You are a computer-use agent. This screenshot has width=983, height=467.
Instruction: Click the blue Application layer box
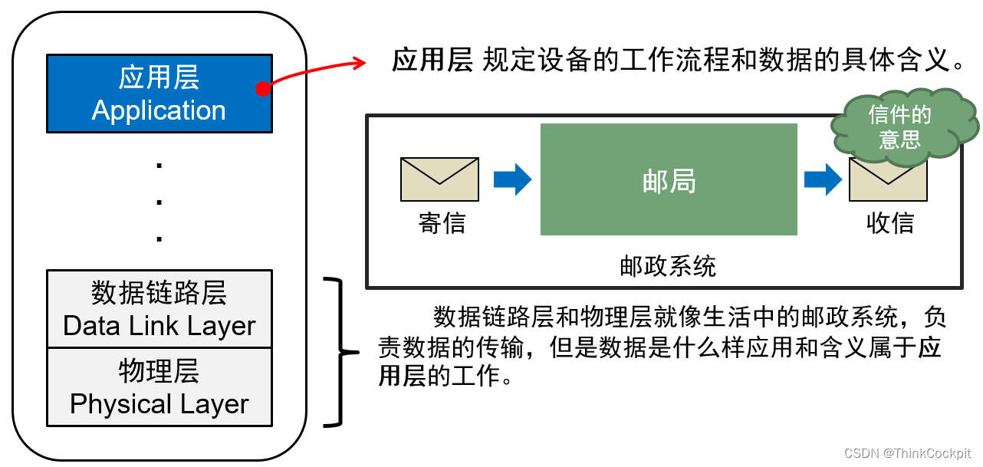(159, 94)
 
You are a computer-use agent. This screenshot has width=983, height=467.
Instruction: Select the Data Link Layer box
(159, 308)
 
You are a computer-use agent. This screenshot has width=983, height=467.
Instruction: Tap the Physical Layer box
(159, 387)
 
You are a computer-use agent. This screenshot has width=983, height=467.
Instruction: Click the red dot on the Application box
(263, 89)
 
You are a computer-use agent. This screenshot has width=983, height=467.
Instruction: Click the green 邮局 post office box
(669, 179)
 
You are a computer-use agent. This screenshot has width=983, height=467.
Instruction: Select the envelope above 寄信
(439, 179)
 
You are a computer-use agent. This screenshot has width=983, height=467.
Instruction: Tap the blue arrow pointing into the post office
(512, 179)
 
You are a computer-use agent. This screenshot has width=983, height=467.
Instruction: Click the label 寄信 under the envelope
(442, 223)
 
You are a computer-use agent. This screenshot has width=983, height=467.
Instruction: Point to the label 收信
(889, 223)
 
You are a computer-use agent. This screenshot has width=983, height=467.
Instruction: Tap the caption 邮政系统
(668, 266)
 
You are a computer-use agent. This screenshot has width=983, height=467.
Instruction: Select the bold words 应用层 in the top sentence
(432, 59)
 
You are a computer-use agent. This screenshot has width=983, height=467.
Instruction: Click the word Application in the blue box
(159, 110)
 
